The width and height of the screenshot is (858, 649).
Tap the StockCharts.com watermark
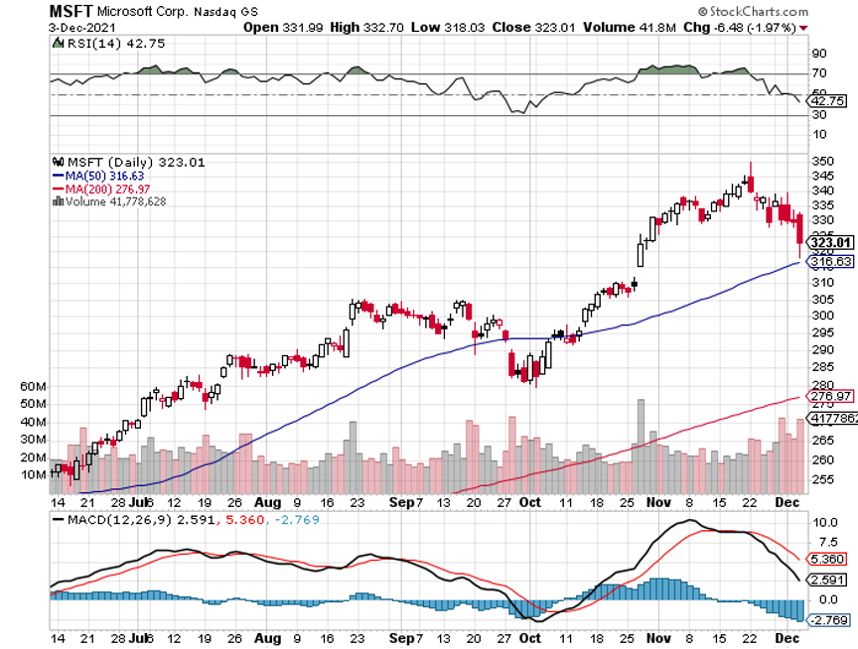click(802, 11)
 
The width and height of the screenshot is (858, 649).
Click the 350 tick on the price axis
click(822, 160)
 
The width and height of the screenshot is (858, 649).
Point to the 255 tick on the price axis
click(822, 478)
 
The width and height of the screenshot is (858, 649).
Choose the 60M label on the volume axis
click(33, 386)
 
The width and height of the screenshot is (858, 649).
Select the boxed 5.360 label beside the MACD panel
click(827, 558)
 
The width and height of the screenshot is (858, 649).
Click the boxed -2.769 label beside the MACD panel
click(826, 620)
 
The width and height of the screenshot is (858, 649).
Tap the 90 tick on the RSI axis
click(818, 53)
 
